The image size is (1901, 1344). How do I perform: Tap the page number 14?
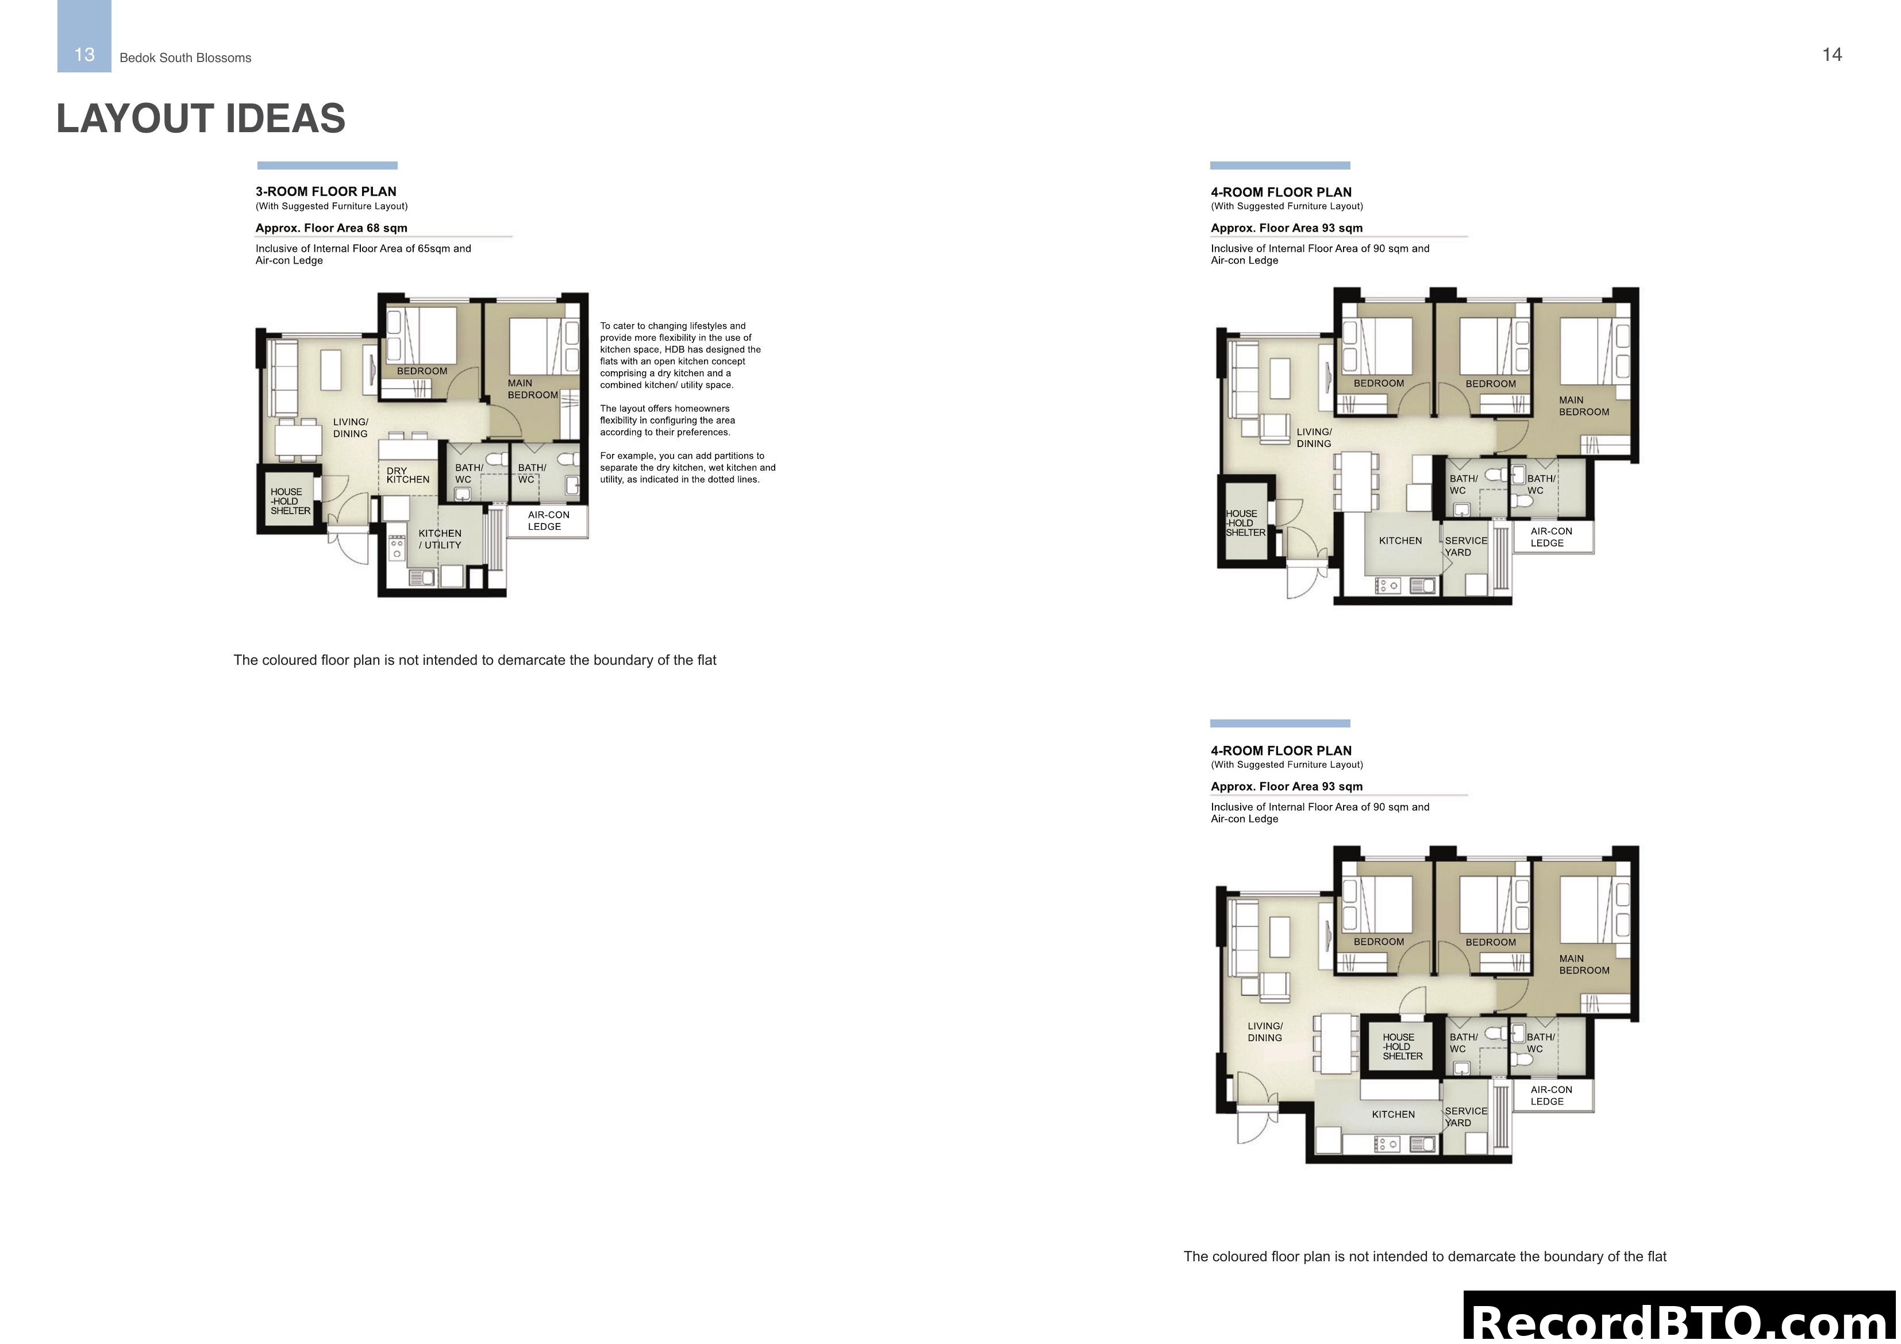[1831, 55]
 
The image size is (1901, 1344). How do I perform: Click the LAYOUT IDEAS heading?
[201, 118]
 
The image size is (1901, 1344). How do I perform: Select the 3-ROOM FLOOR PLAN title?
[325, 191]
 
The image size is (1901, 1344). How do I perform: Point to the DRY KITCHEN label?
[407, 475]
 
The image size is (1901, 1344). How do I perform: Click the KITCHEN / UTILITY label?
[440, 539]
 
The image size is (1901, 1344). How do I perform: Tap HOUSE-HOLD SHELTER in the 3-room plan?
[290, 501]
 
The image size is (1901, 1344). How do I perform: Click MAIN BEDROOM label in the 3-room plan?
[532, 389]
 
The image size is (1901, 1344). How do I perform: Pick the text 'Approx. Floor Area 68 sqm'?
[331, 228]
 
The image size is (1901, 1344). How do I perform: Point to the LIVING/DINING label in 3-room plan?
[350, 428]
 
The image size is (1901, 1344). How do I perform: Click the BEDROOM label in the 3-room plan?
[421, 371]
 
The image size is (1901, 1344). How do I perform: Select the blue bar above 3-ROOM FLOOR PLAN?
[327, 165]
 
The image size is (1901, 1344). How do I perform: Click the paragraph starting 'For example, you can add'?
[687, 467]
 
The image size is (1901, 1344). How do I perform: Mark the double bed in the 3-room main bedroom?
[535, 345]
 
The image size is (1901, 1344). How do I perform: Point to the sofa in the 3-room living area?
[284, 379]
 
